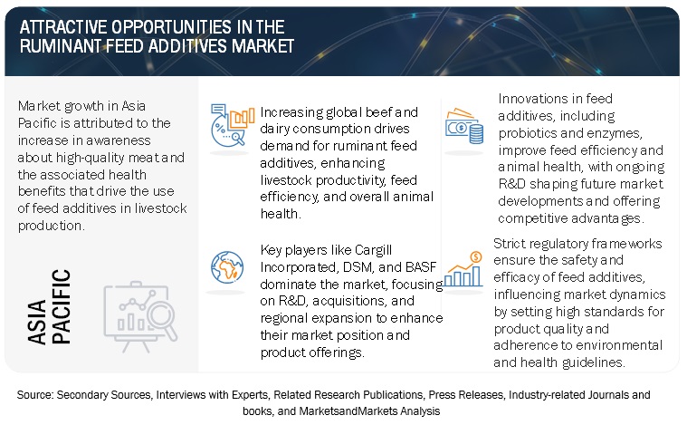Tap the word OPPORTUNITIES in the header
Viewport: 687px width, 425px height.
tap(171, 27)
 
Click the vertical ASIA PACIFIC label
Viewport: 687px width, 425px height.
tap(49, 306)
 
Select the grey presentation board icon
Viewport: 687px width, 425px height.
tap(140, 316)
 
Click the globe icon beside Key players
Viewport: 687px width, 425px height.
tap(227, 267)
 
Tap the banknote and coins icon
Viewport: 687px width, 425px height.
tap(464, 126)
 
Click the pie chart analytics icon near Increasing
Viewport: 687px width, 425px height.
tap(233, 125)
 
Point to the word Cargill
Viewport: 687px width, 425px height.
tap(373, 250)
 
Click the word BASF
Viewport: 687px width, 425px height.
tap(421, 266)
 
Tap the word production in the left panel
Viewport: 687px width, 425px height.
tap(51, 226)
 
